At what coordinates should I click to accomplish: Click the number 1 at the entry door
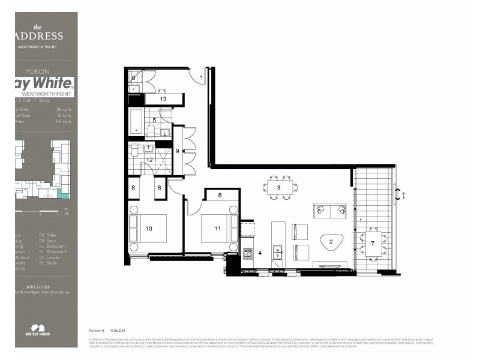pos(202,78)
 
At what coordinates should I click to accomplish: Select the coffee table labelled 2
pos(331,242)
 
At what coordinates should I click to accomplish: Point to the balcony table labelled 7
pos(373,243)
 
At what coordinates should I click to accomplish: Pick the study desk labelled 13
pos(163,99)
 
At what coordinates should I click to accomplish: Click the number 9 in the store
pos(177,151)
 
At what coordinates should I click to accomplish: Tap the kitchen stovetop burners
pos(248,253)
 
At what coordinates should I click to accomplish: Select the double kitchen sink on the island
pos(278,252)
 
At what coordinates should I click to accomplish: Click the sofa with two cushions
pos(329,210)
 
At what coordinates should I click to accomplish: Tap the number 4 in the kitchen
pos(260,253)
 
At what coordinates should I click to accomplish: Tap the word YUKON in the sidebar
pos(39,71)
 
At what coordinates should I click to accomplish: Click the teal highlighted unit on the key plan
pos(63,193)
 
